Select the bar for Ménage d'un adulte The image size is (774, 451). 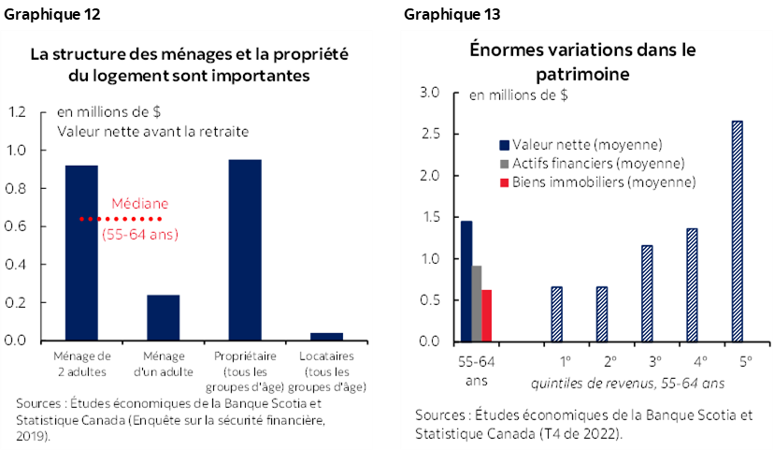click(x=163, y=317)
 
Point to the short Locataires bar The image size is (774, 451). click(x=326, y=336)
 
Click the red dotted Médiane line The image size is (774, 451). click(x=121, y=219)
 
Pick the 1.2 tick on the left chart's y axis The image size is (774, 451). click(x=17, y=112)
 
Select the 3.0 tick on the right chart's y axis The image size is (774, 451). click(x=429, y=93)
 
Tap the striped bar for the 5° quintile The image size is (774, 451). click(x=738, y=231)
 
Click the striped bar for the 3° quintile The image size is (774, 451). click(x=647, y=293)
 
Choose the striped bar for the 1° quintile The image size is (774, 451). click(x=556, y=313)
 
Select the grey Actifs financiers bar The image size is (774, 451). click(x=476, y=303)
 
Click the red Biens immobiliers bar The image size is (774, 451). click(x=486, y=315)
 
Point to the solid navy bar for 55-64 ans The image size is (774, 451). click(x=466, y=281)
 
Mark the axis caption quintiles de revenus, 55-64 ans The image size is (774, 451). click(x=626, y=383)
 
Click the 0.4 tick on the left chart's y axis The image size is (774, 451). click(x=17, y=265)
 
